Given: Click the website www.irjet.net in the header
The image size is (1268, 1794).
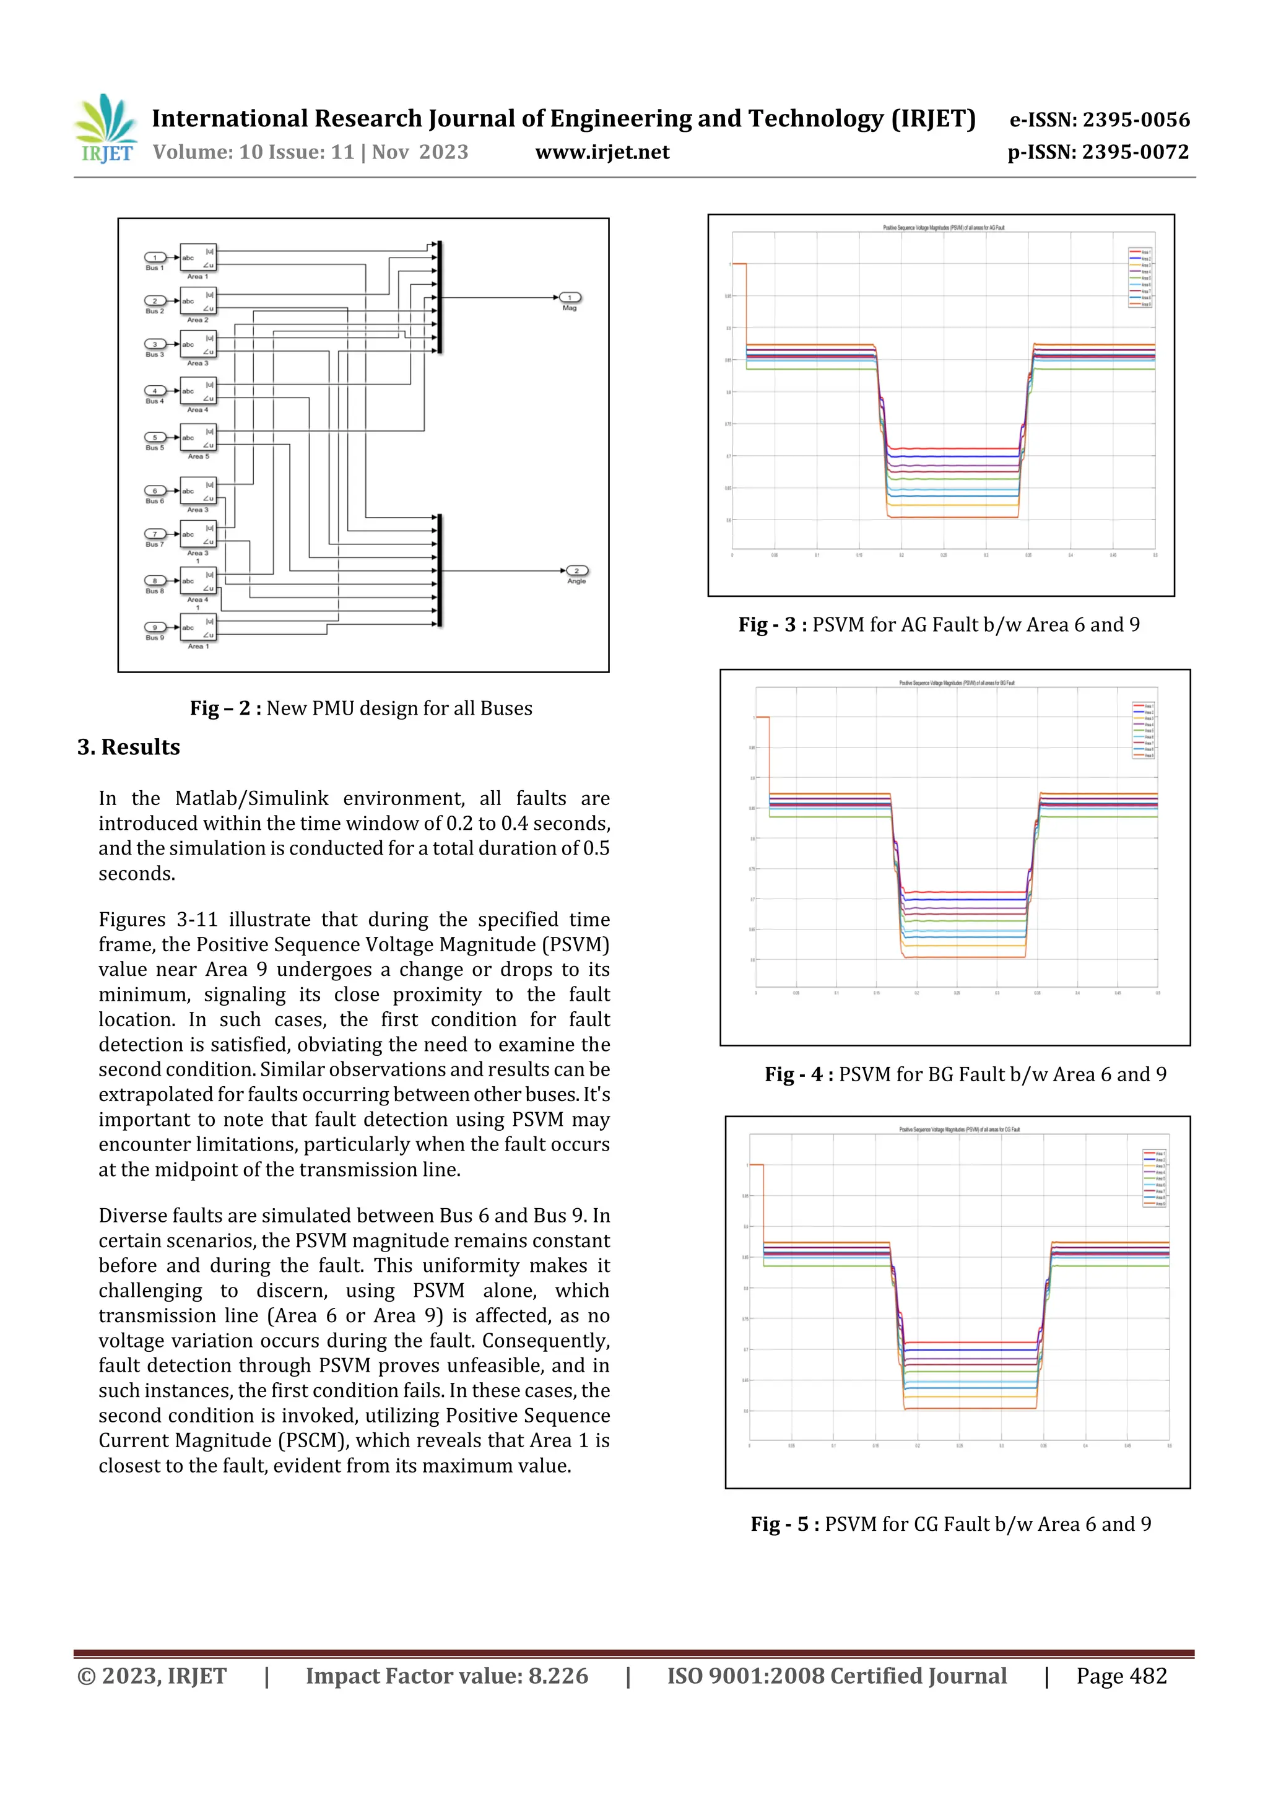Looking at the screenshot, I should [x=602, y=152].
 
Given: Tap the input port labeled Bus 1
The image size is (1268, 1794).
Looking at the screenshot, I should [x=155, y=258].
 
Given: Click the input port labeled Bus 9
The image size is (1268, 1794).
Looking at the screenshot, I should [x=155, y=627].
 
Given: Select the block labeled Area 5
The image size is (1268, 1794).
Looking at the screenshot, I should [x=198, y=438].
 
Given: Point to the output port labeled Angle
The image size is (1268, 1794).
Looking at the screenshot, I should [x=576, y=571].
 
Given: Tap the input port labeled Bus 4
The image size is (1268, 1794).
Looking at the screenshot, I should [x=155, y=391].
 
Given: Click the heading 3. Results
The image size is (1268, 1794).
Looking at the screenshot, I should [x=129, y=747].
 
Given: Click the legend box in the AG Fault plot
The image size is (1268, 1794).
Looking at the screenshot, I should [x=1140, y=277].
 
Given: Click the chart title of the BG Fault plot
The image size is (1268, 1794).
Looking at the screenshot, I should [x=957, y=683].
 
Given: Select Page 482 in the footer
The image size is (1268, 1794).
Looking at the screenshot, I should [x=1121, y=1675].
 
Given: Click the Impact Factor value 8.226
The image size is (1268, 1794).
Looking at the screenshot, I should [x=558, y=1675].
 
